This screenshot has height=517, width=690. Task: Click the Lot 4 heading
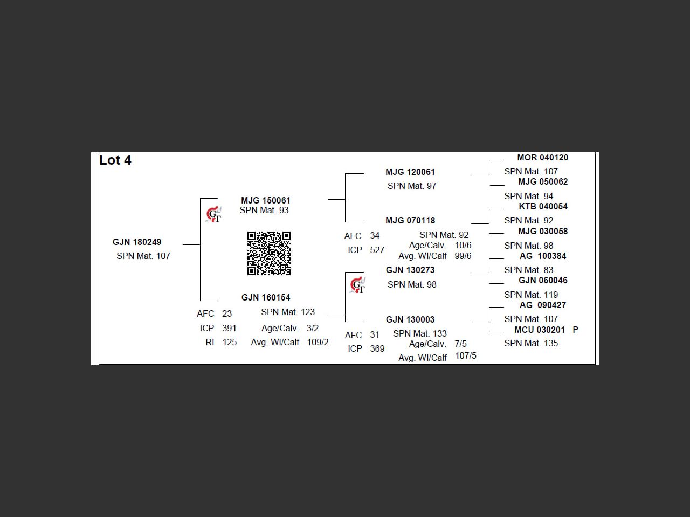click(115, 160)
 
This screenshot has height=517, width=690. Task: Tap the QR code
click(269, 253)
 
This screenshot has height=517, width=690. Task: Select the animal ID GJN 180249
click(137, 242)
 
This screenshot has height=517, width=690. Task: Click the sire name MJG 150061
click(266, 200)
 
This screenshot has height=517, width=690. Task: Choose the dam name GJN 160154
click(266, 298)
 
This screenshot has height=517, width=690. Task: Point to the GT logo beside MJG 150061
click(214, 215)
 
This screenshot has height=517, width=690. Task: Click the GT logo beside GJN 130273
click(358, 285)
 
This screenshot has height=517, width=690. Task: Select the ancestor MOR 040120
click(543, 158)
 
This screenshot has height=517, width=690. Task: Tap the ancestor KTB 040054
click(543, 207)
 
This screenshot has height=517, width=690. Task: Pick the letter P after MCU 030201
click(575, 330)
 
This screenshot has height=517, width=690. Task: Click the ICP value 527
click(377, 250)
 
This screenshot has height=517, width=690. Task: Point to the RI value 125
click(230, 342)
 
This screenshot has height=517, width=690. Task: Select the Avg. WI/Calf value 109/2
click(318, 342)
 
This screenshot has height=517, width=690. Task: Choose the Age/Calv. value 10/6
click(463, 245)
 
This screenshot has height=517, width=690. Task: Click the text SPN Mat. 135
click(532, 344)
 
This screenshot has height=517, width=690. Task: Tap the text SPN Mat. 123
click(288, 312)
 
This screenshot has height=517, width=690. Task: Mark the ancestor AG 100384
click(543, 256)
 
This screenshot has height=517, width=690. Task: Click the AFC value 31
click(375, 334)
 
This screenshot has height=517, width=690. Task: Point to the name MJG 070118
click(410, 221)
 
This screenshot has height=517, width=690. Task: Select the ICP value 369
click(377, 349)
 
